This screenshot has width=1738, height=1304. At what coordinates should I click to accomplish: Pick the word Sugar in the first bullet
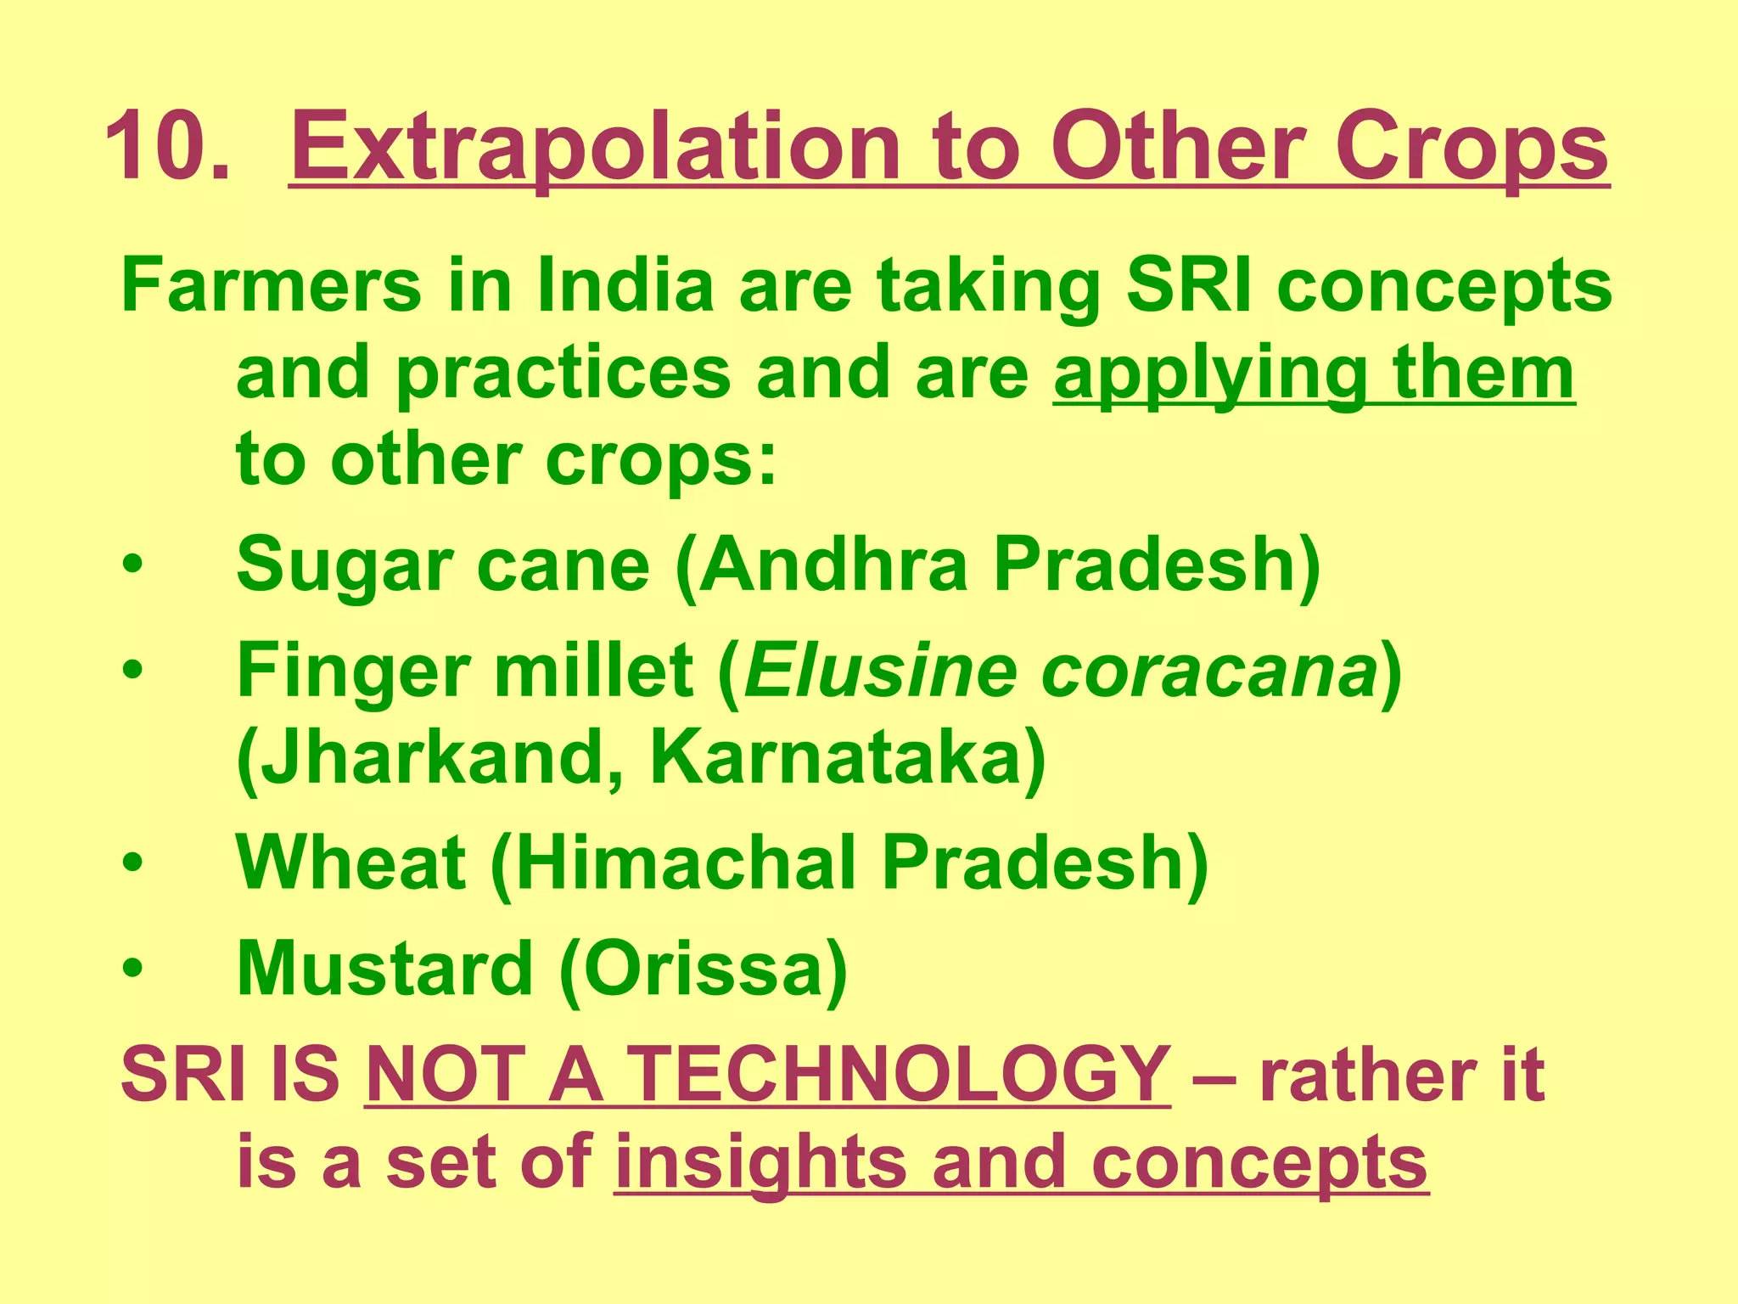(344, 565)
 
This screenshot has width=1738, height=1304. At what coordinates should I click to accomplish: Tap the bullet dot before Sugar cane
(133, 566)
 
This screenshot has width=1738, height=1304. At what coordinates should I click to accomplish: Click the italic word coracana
(1208, 671)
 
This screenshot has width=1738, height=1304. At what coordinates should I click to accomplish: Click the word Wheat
(351, 863)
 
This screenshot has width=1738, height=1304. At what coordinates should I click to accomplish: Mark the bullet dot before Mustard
(133, 970)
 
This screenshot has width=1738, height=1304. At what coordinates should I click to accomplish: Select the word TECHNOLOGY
(900, 1075)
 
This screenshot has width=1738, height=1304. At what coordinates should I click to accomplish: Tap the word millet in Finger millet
(595, 671)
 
